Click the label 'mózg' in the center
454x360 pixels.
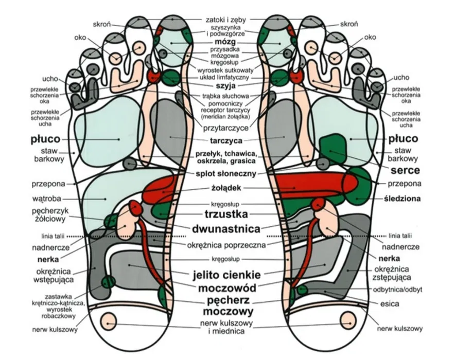pyautogui.click(x=225, y=43)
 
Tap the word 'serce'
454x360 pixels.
pyautogui.click(x=405, y=170)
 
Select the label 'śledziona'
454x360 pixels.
pyautogui.click(x=402, y=199)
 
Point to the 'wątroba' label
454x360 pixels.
pyautogui.click(x=47, y=199)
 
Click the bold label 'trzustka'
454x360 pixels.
pyautogui.click(x=226, y=214)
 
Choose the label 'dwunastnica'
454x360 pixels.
pyautogui.click(x=226, y=229)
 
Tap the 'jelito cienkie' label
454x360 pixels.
pyautogui.click(x=226, y=275)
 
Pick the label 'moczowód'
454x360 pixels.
pyautogui.click(x=227, y=288)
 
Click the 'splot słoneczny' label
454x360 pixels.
pyautogui.click(x=226, y=174)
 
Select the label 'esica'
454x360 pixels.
pyautogui.click(x=390, y=303)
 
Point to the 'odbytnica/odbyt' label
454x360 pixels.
pyautogui.click(x=397, y=290)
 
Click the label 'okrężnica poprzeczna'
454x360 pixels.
pyautogui.click(x=226, y=245)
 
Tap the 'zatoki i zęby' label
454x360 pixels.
pyautogui.click(x=226, y=20)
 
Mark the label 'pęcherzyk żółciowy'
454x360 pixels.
pyautogui.click(x=48, y=215)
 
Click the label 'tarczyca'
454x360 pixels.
pyautogui.click(x=226, y=141)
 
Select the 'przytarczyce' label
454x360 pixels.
pyautogui.click(x=226, y=128)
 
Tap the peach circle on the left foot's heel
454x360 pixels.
pyautogui.click(x=109, y=321)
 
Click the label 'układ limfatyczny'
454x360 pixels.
pyautogui.click(x=224, y=78)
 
